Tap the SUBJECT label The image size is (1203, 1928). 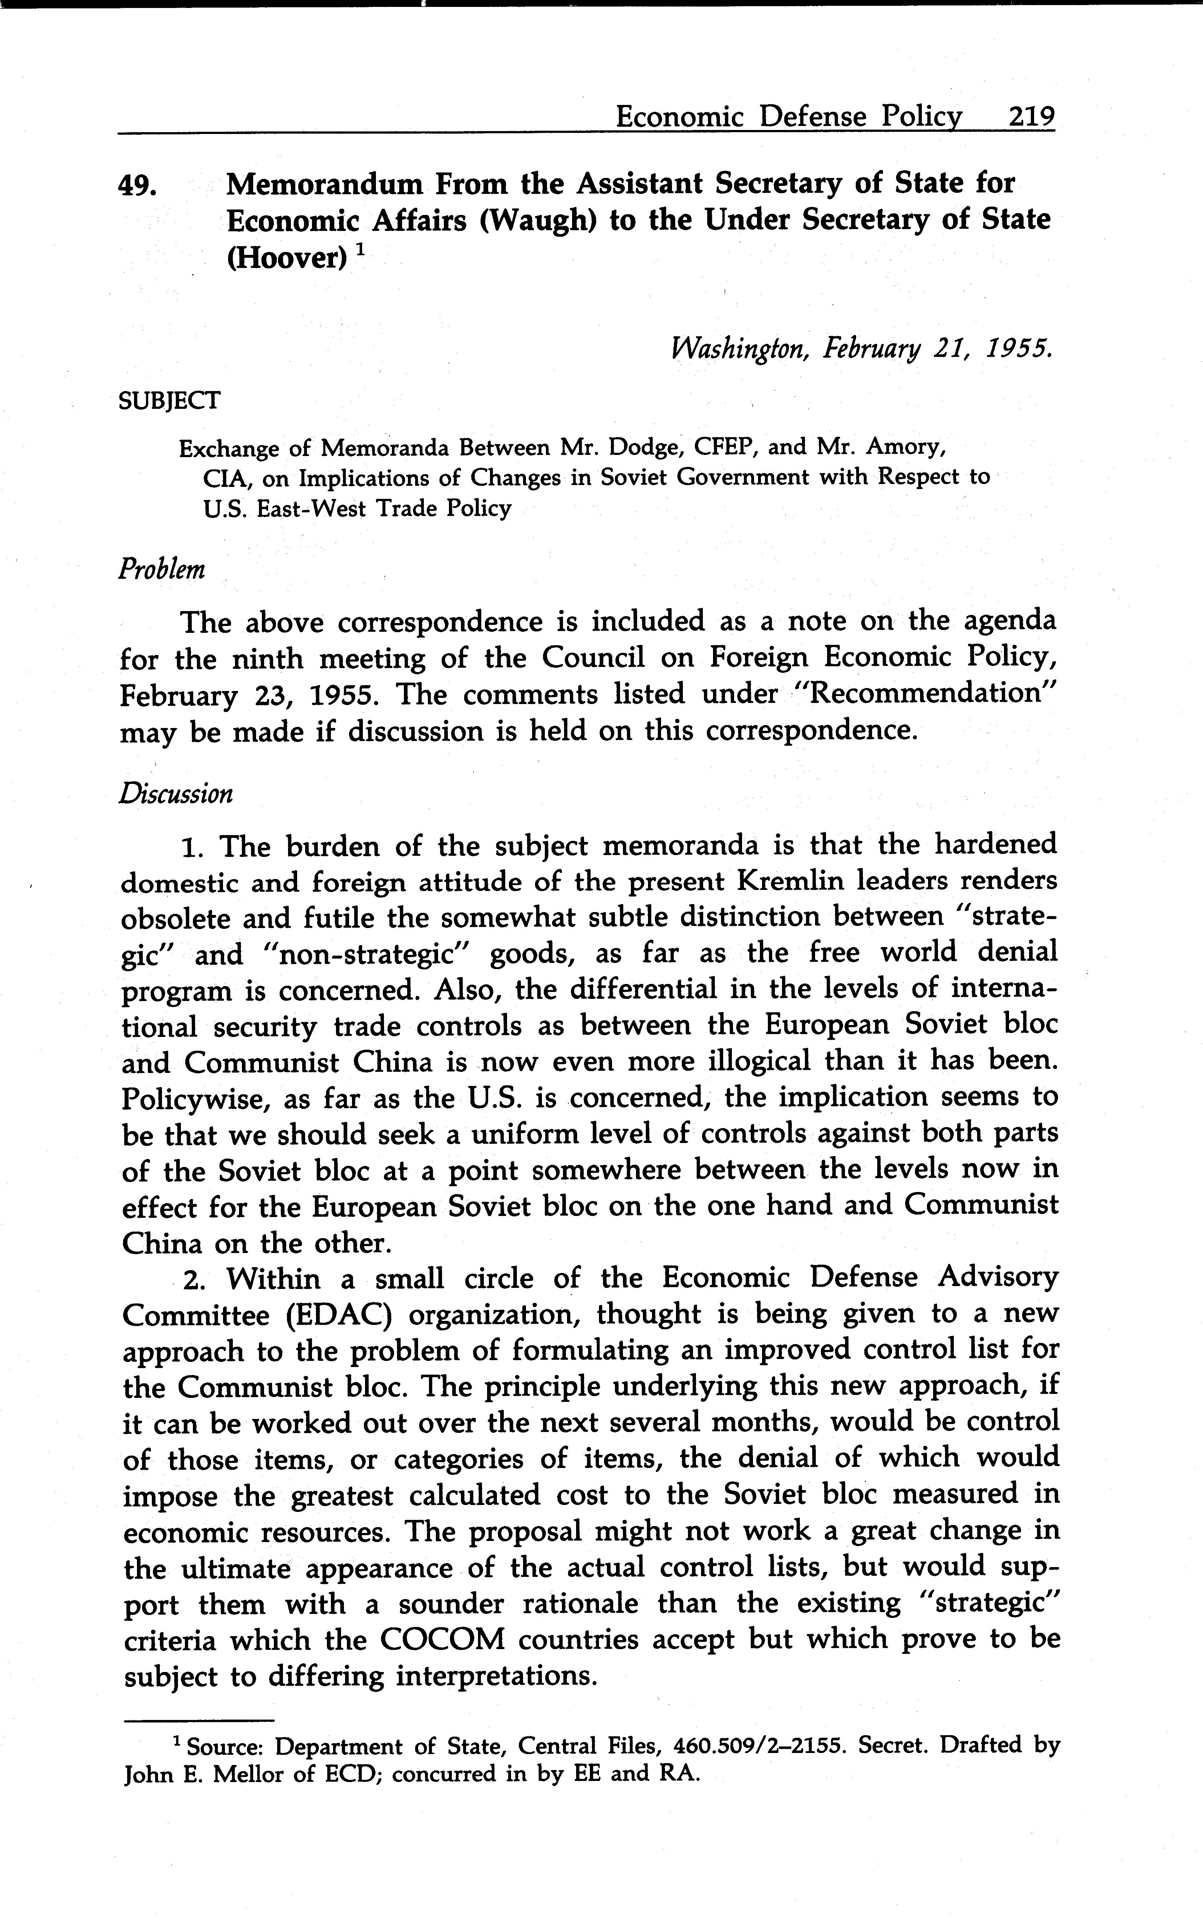(x=169, y=401)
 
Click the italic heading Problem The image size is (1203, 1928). (x=162, y=569)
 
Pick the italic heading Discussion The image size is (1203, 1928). (x=176, y=794)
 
